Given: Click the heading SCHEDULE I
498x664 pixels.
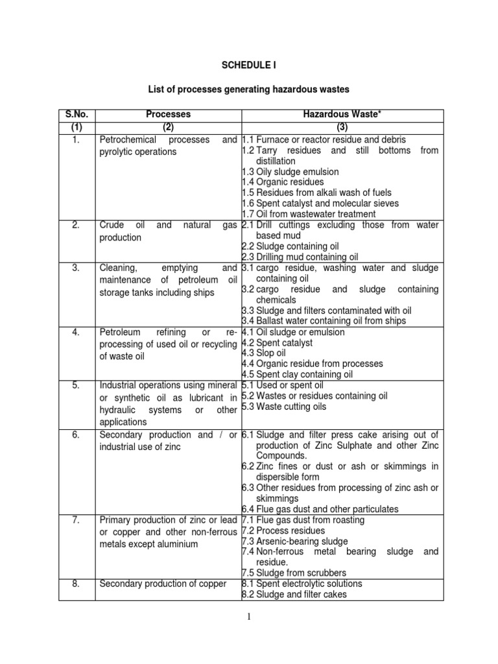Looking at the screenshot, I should [249, 65].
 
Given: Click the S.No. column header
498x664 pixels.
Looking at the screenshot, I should [77, 114].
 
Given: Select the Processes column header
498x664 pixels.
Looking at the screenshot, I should [168, 114].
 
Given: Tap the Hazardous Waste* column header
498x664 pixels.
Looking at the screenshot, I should [340, 114].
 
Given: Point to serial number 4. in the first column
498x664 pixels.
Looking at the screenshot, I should [77, 332].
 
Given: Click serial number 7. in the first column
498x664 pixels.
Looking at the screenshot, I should [77, 520].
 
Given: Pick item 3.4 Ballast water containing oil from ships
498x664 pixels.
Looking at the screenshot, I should [324, 321].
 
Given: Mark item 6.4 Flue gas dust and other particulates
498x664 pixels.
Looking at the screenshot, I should [320, 509].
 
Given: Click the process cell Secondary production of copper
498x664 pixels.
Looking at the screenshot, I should [162, 584].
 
